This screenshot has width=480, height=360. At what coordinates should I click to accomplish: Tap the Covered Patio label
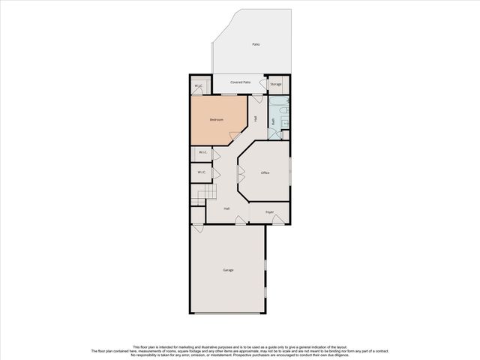click(240, 82)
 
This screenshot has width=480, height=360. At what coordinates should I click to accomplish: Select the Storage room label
click(276, 84)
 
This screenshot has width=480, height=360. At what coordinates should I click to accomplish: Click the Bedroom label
click(217, 120)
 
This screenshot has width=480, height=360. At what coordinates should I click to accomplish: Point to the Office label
click(265, 172)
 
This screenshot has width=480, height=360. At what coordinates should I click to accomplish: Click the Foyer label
click(269, 213)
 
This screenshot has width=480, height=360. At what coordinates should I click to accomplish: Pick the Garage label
click(228, 270)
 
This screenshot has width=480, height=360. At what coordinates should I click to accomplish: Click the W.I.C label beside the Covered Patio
click(199, 86)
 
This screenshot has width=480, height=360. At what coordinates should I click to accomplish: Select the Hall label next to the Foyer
click(226, 209)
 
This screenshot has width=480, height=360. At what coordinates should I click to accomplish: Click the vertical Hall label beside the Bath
click(256, 118)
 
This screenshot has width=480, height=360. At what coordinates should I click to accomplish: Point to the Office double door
click(240, 175)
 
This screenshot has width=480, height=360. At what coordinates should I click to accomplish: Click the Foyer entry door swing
click(277, 219)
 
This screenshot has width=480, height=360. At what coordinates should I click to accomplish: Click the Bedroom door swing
click(235, 136)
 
